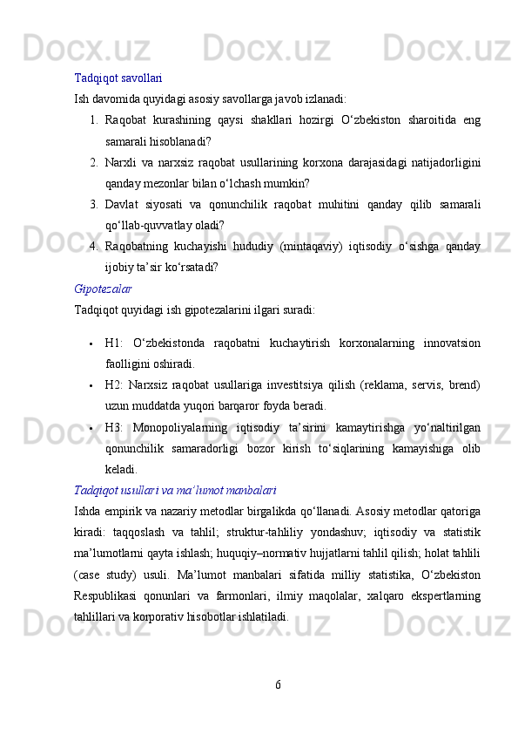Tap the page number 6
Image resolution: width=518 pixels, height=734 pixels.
[278, 683]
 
